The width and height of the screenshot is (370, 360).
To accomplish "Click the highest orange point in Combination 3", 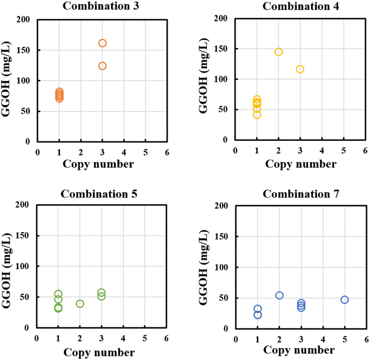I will (x=103, y=43).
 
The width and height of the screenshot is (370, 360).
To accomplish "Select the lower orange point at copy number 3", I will (x=103, y=66).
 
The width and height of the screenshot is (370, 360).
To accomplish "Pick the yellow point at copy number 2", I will (x=279, y=52).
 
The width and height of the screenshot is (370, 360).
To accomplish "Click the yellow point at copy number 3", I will (x=300, y=69).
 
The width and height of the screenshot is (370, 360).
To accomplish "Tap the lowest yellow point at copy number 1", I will (x=257, y=115).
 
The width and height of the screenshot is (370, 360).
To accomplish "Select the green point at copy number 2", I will (x=80, y=303).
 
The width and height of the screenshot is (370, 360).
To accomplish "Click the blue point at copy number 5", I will (x=344, y=299).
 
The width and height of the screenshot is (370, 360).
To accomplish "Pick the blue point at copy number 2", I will (x=279, y=295).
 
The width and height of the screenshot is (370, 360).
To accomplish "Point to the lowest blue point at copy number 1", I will (x=257, y=315).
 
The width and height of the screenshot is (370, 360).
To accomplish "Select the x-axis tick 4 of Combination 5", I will (x=123, y=339).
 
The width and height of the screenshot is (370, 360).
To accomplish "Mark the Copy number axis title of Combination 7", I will (x=300, y=351).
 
